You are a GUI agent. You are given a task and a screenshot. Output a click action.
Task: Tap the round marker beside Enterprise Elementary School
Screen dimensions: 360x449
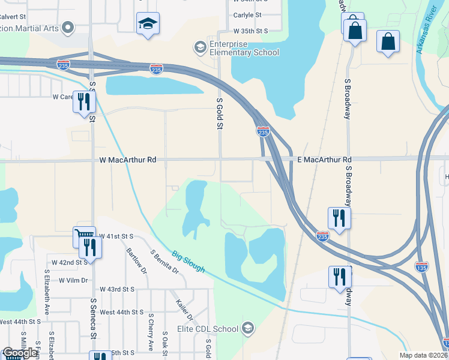pos(199,47)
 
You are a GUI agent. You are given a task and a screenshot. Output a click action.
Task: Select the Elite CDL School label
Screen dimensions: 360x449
pos(208,328)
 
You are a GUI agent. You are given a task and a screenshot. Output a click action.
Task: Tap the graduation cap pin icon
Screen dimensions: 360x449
pos(148,24)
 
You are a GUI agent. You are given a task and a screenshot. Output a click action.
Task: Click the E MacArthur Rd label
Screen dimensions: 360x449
pos(324,160)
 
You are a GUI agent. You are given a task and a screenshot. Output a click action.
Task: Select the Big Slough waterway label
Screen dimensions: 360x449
pos(187,262)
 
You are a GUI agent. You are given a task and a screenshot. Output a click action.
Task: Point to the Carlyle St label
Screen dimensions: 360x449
pos(248,15)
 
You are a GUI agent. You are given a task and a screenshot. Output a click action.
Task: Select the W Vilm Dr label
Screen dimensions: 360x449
pos(73,280)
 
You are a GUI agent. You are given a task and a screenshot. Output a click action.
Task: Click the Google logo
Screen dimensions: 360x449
pos(19,353)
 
